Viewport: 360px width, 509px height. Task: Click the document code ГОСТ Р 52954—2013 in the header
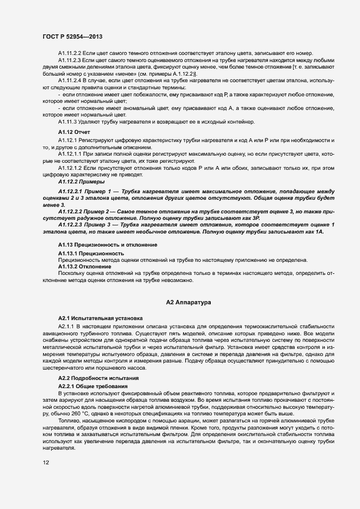click(x=72, y=36)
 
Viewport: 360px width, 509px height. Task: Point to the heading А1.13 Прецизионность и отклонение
click(x=108, y=245)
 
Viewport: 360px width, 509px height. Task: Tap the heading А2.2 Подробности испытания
click(x=99, y=378)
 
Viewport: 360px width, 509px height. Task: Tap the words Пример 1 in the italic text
click(x=104, y=192)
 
